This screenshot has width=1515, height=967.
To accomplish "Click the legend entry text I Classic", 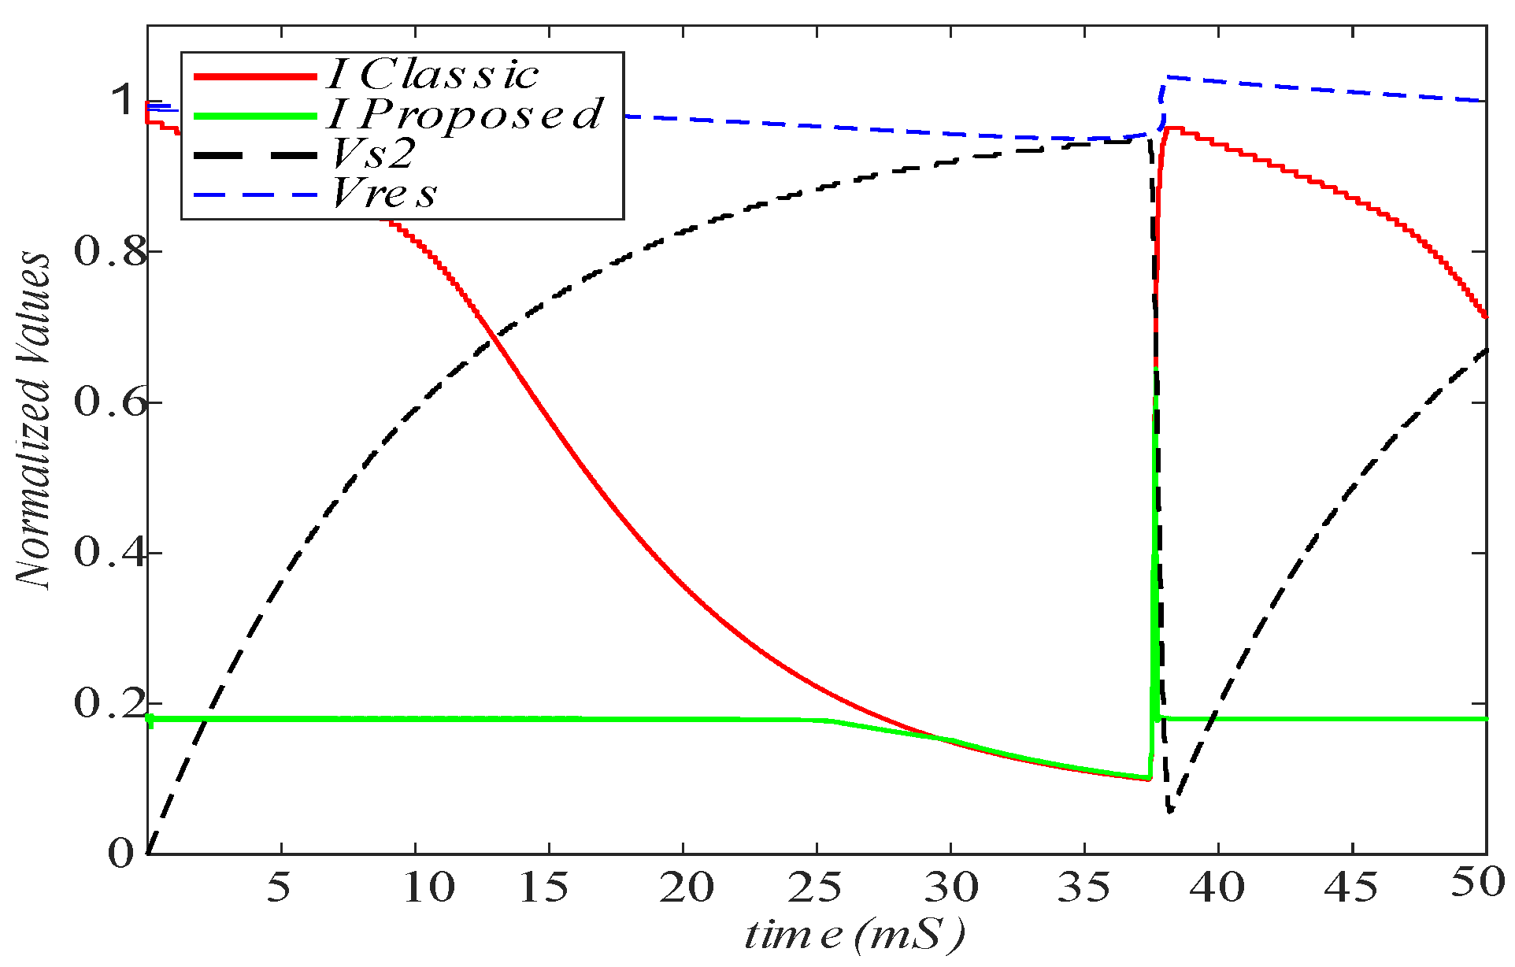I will pos(433,75).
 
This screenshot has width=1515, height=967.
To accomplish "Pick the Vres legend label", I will pos(384,193).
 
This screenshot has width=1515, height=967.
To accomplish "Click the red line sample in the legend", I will pos(255,76).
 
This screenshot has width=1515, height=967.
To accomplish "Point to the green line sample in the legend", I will pos(255,116).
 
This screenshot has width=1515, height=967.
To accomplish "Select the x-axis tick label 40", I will pos(1217,887).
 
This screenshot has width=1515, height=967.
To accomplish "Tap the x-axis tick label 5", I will pos(279,887).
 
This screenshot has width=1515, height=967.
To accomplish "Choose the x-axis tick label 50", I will pos(1479,884).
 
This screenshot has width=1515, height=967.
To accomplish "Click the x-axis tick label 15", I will pos(544,887).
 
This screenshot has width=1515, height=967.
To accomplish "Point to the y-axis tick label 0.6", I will pos(110,402).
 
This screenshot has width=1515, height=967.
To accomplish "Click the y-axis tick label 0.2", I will pos(110,703).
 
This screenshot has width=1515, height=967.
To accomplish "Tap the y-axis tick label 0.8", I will pos(110,252).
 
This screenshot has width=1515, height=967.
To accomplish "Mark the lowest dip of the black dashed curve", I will pos(1170,810).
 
